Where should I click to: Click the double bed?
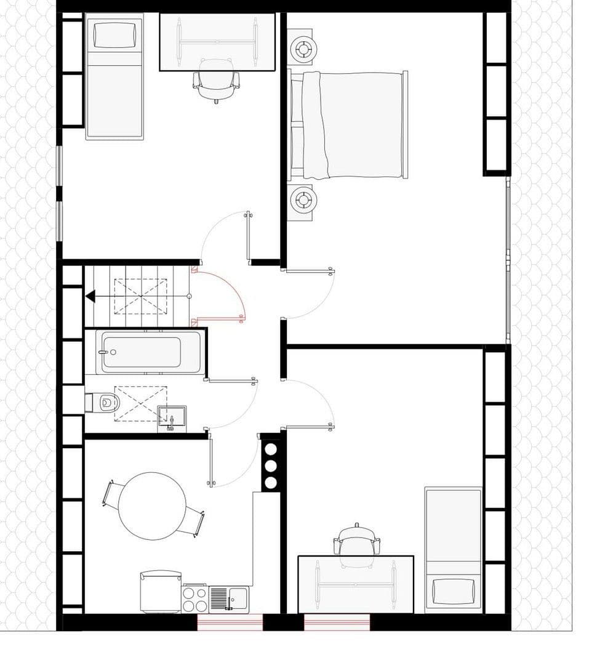coord(354,125)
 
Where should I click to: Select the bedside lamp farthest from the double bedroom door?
coord(302,48)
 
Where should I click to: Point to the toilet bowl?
coord(108,403)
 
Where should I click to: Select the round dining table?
coord(152,506)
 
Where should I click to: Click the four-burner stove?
coord(194,598)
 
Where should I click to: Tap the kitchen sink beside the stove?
coord(228,598)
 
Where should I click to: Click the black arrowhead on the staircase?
coord(90,297)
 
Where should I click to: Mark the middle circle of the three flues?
coord(270,465)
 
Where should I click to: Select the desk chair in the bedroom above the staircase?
coord(216,81)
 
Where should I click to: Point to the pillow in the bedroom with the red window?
coord(454,591)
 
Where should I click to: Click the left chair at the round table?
coord(114,493)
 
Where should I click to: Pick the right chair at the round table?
coord(194,521)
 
